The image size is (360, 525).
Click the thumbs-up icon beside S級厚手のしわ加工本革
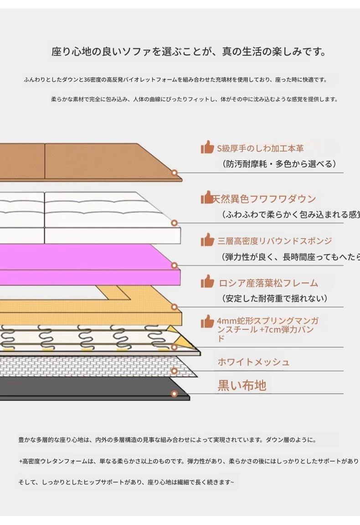(x=207, y=147)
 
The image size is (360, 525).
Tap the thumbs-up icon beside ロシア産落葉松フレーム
(x=207, y=281)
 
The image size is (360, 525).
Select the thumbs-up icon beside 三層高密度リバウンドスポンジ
(x=207, y=240)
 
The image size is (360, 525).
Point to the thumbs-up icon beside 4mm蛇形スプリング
(x=207, y=322)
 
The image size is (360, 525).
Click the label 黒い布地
(x=242, y=385)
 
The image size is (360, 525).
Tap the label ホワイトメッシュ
(x=253, y=362)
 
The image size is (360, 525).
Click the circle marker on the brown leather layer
(x=174, y=173)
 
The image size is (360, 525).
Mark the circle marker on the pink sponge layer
(x=174, y=265)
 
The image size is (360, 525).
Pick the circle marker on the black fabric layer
(x=174, y=394)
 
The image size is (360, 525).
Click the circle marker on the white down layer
(x=174, y=223)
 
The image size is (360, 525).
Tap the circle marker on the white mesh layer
(x=174, y=371)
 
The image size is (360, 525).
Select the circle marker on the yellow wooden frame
(x=174, y=307)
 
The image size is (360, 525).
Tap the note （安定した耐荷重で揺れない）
(x=275, y=299)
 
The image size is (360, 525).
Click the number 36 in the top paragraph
(x=87, y=80)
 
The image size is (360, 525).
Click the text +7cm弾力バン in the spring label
(x=287, y=329)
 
